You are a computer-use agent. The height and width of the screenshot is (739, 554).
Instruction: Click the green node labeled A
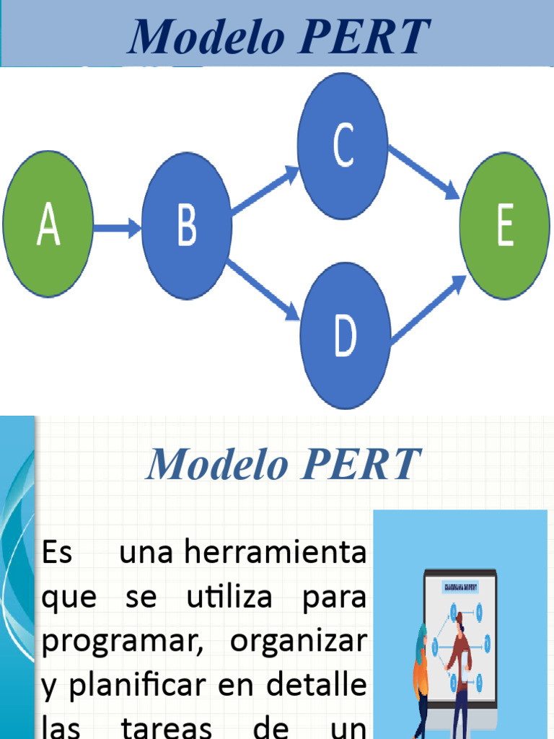tap(48, 224)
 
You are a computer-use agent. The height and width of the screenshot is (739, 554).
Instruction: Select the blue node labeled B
tap(187, 226)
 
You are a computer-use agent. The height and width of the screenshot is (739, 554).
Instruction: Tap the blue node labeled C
tap(343, 146)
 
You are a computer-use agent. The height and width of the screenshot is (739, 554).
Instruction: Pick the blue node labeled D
tap(346, 336)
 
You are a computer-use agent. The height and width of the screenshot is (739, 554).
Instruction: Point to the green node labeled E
tap(505, 226)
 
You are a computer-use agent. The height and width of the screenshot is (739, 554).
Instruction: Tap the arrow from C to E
tap(424, 172)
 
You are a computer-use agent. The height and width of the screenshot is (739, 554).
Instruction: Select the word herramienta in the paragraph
tap(275, 554)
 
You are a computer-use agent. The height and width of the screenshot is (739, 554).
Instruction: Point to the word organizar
tap(299, 642)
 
